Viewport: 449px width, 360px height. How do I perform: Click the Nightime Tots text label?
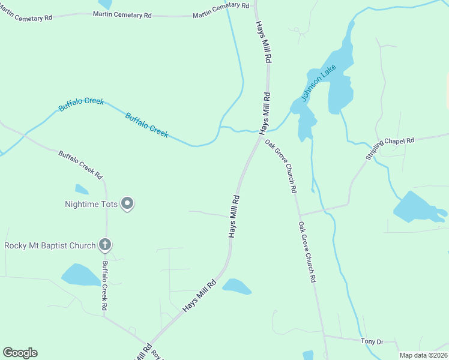91,204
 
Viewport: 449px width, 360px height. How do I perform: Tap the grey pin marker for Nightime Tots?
127,203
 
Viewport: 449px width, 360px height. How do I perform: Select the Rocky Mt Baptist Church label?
50,245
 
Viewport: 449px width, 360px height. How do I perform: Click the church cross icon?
105,244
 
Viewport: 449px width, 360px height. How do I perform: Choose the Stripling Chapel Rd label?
390,148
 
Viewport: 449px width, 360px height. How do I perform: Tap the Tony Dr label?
372,341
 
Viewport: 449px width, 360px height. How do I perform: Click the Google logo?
20,353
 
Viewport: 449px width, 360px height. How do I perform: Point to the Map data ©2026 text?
423,355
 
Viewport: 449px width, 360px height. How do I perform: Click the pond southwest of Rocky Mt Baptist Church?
81,275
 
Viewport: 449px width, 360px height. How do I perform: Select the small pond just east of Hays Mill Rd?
237,287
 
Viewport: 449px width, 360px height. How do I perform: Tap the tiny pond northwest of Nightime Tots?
82,190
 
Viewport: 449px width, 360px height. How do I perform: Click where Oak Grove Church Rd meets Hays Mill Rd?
261,136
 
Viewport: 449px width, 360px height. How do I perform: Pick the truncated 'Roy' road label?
157,354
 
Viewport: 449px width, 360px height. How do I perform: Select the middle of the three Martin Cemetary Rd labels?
122,13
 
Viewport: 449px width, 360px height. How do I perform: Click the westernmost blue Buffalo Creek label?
81,104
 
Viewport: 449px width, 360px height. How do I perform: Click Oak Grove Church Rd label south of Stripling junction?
307,252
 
